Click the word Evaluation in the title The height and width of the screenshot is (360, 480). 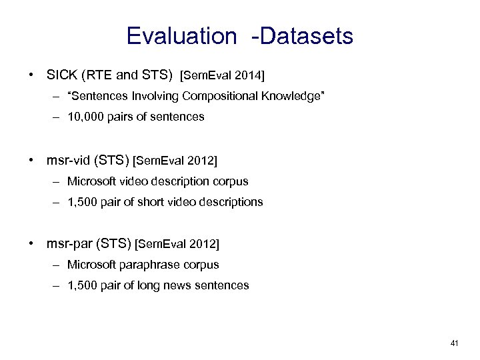(x=181, y=36)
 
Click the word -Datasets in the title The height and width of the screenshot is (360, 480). (x=302, y=36)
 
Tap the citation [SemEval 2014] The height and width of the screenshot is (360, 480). (x=223, y=74)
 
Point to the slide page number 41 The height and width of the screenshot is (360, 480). (x=455, y=343)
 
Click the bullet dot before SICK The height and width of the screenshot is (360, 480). (x=32, y=73)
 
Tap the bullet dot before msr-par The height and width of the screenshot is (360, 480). (x=32, y=245)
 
